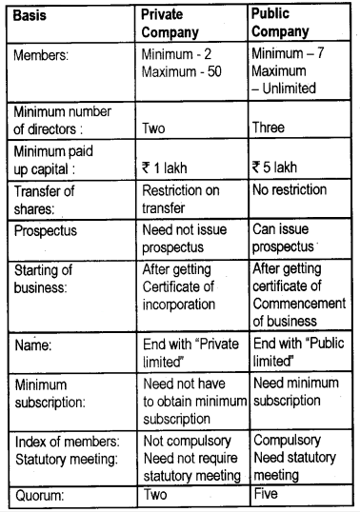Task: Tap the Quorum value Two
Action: [153, 495]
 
